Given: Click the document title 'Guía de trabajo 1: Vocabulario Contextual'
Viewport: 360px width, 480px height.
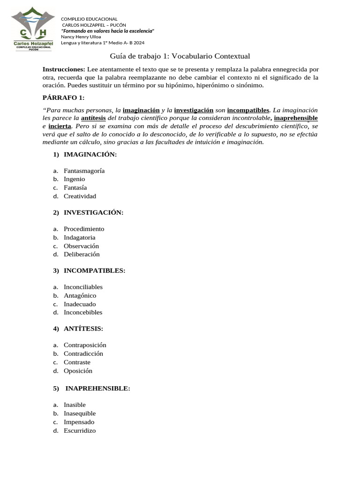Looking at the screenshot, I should click(180, 56).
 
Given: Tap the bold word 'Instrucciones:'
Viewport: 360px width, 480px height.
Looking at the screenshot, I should click(64, 69).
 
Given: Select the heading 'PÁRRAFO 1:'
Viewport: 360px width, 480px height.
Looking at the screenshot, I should click(64, 97).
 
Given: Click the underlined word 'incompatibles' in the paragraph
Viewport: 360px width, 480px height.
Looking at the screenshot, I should click(248, 110).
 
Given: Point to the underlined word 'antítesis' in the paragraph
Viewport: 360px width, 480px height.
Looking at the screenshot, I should click(93, 118).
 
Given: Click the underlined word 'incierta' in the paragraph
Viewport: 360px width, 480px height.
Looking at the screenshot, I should click(60, 126).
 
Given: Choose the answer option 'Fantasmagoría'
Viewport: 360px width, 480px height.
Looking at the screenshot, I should click(84, 171).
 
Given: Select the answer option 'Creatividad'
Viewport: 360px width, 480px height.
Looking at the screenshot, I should click(80, 196).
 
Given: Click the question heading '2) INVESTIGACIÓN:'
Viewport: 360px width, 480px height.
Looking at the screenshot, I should click(88, 212).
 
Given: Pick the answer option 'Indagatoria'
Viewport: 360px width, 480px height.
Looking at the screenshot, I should click(79, 237).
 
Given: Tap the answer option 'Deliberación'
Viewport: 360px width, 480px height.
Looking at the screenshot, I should click(82, 254).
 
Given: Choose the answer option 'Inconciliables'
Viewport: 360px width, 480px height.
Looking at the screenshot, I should click(83, 287).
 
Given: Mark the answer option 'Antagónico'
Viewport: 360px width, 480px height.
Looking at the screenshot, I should click(80, 295).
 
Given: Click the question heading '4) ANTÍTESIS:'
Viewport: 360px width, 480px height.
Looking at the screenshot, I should click(78, 329).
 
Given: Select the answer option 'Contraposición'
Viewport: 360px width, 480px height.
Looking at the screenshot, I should click(85, 345).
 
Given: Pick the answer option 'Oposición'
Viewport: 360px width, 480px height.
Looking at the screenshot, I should click(78, 370).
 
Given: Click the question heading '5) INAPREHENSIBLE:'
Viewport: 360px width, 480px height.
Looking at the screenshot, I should click(91, 388).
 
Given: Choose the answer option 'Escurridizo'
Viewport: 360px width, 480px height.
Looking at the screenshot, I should click(79, 430).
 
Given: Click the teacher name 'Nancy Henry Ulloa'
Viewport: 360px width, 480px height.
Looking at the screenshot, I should click(81, 36).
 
